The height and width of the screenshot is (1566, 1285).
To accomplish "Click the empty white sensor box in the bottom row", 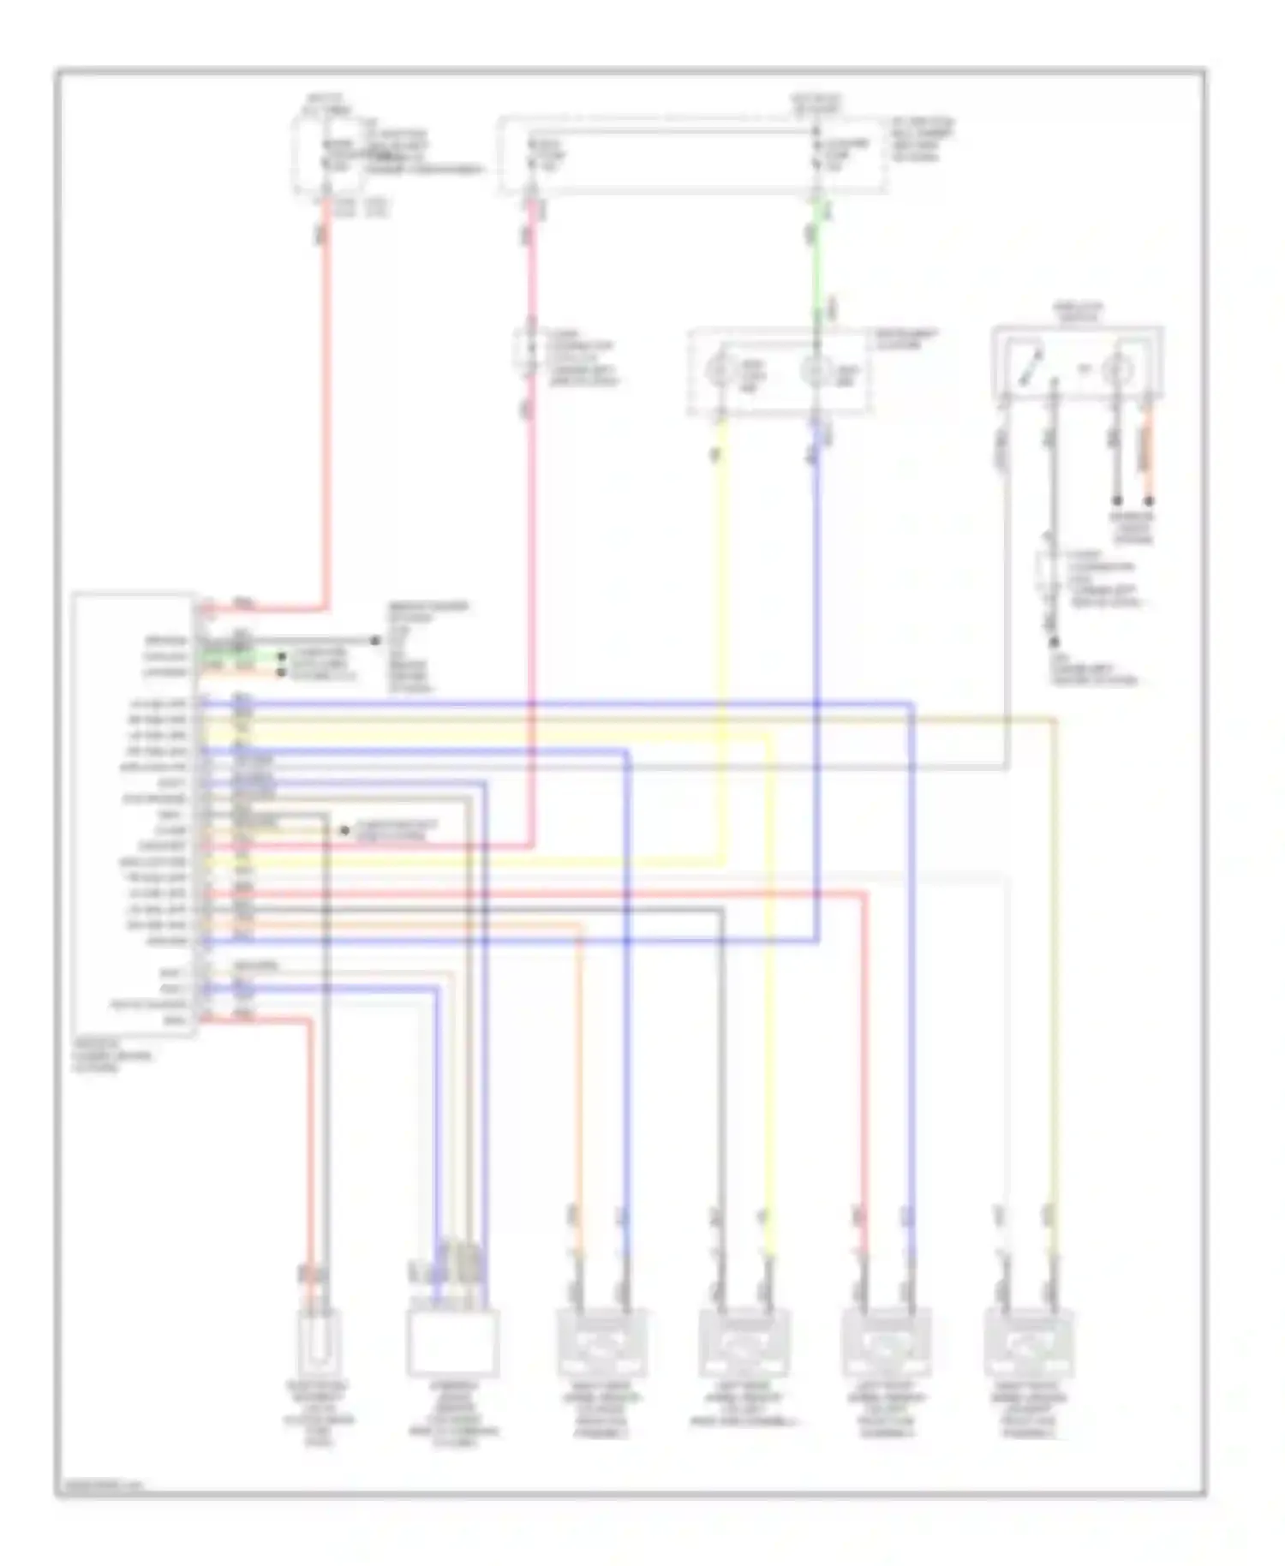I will [452, 1342].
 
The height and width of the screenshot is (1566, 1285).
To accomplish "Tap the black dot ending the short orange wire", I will [1149, 501].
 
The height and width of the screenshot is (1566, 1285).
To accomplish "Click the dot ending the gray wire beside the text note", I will [374, 641].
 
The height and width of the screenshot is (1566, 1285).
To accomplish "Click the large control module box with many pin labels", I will [134, 814].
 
